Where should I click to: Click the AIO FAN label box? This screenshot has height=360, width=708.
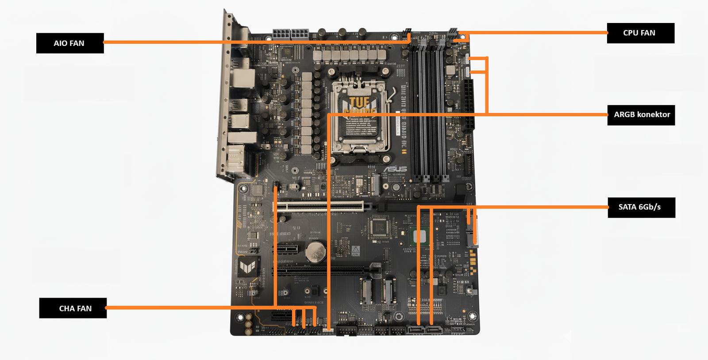(69, 43)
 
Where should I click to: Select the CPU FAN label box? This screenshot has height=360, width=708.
(640, 33)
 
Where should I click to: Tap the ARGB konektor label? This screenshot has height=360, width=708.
(641, 114)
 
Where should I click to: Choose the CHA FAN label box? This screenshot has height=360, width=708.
(73, 308)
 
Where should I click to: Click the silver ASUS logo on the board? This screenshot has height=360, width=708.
(395, 169)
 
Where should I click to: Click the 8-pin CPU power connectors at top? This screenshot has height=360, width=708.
(291, 34)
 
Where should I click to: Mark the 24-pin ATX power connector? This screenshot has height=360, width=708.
(467, 105)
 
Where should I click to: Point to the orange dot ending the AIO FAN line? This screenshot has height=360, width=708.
(409, 42)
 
